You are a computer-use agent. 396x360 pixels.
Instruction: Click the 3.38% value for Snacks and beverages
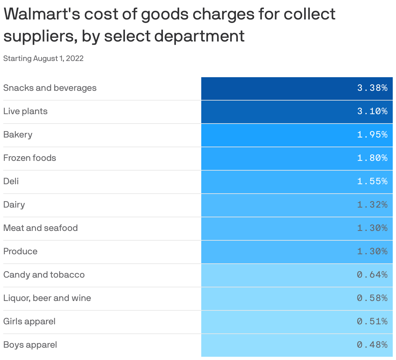pos(372,88)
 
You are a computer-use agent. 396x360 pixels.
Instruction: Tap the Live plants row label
pos(25,111)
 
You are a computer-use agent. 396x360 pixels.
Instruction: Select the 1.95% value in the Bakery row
pos(372,135)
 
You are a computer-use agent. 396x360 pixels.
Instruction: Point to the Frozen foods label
pos(30,158)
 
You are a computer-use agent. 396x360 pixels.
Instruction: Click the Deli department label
pos(11,181)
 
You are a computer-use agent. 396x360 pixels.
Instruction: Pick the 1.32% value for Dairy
pos(372,205)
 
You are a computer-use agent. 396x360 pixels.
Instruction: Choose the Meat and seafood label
pos(41,228)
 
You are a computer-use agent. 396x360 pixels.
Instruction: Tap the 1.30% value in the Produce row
pos(372,251)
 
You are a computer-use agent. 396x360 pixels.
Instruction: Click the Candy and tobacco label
pos(44,275)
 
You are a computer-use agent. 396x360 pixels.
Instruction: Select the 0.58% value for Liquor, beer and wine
pos(372,298)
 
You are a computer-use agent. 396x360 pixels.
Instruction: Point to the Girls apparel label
pos(29,321)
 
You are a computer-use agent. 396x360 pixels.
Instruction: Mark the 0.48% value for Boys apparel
pos(372,345)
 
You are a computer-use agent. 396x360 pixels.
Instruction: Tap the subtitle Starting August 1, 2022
pos(43,58)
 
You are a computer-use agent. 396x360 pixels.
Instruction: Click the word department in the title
pos(199,36)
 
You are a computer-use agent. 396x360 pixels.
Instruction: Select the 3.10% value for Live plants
pos(372,111)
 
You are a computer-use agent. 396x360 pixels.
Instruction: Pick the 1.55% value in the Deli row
pos(372,181)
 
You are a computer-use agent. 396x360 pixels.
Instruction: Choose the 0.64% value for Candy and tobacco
pos(372,275)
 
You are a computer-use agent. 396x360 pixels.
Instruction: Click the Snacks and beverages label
pos(50,88)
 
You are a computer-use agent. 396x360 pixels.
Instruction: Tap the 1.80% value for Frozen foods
pos(372,158)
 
